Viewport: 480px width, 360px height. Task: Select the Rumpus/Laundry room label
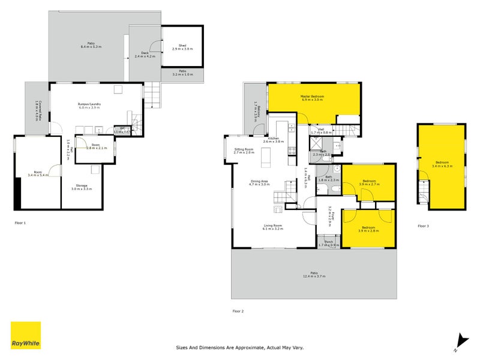[89, 104]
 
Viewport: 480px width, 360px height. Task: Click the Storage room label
[82, 185]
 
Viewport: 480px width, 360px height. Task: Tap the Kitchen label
[274, 139]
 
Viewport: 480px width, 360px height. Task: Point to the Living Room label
[273, 226]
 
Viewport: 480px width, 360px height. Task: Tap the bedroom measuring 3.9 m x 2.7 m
[368, 184]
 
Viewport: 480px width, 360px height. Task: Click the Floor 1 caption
[20, 223]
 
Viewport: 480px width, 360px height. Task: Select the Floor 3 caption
[424, 226]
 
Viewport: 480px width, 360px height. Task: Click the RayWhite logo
[26, 335]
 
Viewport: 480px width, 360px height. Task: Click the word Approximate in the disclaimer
[243, 347]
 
